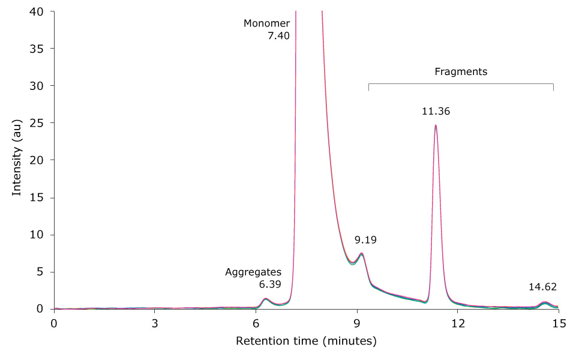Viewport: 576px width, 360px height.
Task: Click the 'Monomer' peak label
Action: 266,23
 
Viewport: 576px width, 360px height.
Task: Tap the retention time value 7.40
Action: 278,35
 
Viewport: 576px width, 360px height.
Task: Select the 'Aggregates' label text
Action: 253,272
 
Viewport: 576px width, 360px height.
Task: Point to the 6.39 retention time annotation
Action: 270,284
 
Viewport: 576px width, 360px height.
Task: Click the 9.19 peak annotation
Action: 366,240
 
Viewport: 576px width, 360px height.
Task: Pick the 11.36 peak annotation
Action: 436,111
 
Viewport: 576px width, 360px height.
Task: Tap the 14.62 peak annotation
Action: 543,287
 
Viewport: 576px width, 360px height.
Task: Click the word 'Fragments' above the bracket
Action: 461,71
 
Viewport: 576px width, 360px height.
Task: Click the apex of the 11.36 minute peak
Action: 436,125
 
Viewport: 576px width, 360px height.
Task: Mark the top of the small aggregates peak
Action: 265,298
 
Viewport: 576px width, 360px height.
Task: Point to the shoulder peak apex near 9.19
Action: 361,253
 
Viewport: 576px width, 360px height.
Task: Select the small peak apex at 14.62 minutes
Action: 545,302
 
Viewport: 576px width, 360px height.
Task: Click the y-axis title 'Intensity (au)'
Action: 17,160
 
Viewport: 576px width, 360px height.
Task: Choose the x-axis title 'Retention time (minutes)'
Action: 306,341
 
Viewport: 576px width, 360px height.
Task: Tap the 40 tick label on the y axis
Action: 38,11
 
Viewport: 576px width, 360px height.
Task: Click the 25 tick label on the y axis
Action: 38,123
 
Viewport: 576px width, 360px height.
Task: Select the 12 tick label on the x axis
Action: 458,323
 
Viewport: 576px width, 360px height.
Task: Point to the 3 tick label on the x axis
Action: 155,323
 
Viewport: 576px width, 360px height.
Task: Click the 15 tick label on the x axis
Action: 559,323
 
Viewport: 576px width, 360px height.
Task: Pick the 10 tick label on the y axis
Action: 38,235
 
